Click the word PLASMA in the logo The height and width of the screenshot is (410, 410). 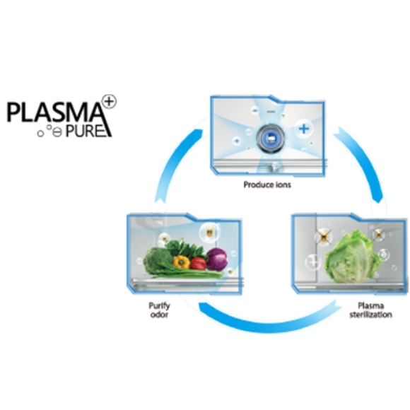click(x=54, y=112)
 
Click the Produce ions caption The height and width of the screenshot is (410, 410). click(x=267, y=184)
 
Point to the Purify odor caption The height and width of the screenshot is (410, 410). click(x=159, y=310)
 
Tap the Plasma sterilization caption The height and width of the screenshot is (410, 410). click(x=371, y=310)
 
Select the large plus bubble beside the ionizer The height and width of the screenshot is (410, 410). click(x=304, y=129)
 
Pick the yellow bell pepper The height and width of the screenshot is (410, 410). click(x=182, y=262)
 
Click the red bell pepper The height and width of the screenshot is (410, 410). click(x=198, y=264)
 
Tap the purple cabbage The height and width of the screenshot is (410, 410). click(x=217, y=259)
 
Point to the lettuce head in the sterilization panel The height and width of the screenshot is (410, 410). click(x=352, y=257)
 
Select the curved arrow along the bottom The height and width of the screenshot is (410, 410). click(x=269, y=323)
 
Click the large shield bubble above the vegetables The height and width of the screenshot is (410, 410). click(x=209, y=233)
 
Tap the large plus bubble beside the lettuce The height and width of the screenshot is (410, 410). click(x=313, y=262)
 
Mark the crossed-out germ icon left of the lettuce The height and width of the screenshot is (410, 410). click(x=324, y=237)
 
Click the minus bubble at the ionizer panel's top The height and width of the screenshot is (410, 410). click(x=255, y=110)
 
